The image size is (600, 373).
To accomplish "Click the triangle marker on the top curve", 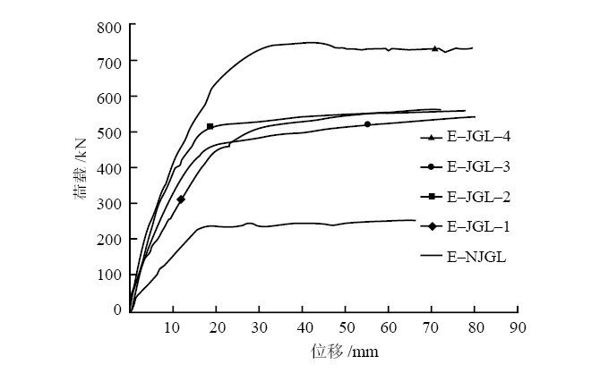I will pos(435,48).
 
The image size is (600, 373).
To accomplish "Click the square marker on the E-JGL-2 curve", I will pos(210,127).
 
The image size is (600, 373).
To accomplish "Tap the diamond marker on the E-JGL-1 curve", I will pos(181,199).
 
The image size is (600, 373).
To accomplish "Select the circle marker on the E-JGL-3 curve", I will pos(367,124).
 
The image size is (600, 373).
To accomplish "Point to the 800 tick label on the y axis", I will pos(111,26).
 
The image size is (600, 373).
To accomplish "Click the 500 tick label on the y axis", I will pos(111,132).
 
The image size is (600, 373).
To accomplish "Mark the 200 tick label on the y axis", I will pos(111,239).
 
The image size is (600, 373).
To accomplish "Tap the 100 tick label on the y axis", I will pos(111,274).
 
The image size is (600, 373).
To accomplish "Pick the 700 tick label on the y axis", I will pos(111,62).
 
